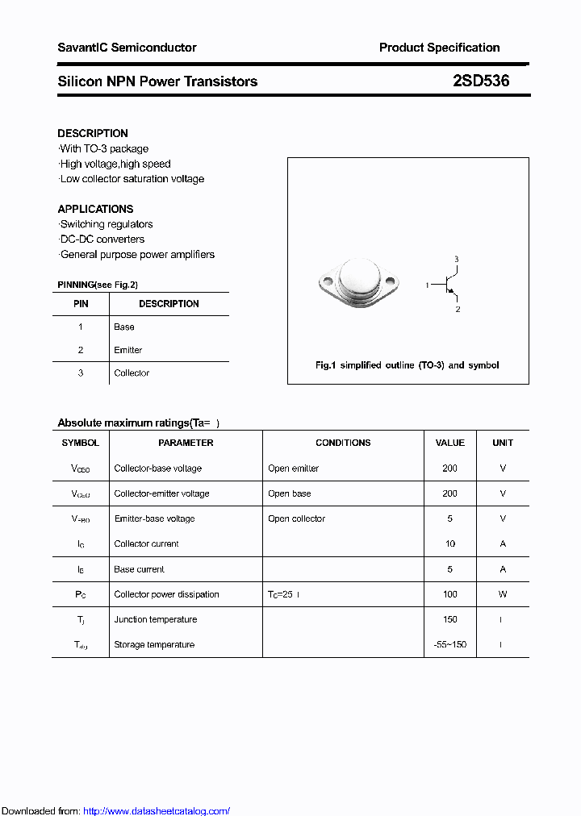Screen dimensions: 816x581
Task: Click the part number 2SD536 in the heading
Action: [x=481, y=81]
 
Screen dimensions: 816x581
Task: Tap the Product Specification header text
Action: [x=439, y=48]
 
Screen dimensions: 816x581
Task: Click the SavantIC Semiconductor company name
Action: [x=127, y=48]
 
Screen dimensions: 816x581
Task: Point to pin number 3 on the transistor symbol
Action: [x=456, y=259]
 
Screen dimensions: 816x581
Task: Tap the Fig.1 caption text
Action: [x=407, y=365]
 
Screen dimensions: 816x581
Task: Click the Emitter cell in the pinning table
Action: [x=128, y=350]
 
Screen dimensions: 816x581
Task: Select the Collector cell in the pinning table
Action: [x=132, y=373]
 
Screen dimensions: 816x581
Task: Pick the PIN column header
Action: [x=81, y=304]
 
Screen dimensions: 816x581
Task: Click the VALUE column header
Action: [x=449, y=443]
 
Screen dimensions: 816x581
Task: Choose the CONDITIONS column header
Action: [x=343, y=443]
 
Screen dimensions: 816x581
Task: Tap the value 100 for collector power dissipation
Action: [x=449, y=594]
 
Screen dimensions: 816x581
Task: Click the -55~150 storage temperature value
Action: [x=449, y=644]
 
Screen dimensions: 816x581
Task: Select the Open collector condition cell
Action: [x=296, y=518]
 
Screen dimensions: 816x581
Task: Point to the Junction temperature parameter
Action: [x=156, y=619]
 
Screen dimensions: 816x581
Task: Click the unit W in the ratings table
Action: [x=502, y=594]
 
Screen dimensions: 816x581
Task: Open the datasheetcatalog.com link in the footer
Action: [x=157, y=811]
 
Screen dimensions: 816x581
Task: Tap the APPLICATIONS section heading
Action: [x=95, y=209]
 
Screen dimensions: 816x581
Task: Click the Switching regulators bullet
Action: [x=107, y=224]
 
